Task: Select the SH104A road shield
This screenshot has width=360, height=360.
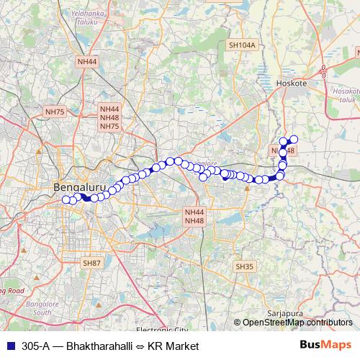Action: [x=242, y=45]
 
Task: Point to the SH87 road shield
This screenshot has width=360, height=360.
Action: [x=92, y=264]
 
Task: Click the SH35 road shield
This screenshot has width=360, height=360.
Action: [x=245, y=266]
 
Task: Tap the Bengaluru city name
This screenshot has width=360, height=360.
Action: [x=81, y=188]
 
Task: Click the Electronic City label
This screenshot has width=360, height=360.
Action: [x=161, y=330]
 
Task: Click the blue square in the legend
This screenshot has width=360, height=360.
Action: [x=9, y=346]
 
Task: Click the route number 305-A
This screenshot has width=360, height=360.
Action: [x=37, y=346]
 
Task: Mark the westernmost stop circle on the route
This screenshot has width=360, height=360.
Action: [x=66, y=200]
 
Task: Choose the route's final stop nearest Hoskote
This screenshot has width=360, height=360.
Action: [x=294, y=139]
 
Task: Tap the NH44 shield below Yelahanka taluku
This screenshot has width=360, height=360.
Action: [x=87, y=62]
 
